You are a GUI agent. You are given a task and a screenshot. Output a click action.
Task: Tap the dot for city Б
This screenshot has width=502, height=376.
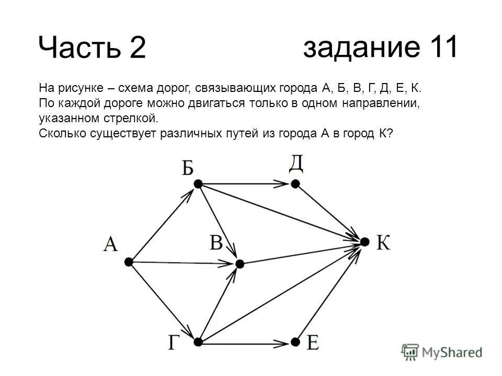pyautogui.click(x=198, y=184)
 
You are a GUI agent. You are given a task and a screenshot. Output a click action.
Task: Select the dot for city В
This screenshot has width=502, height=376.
pyautogui.click(x=239, y=264)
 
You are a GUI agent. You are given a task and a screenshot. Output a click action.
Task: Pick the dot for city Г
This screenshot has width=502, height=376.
pyautogui.click(x=198, y=342)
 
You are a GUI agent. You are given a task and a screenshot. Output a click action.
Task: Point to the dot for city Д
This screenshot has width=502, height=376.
pyautogui.click(x=295, y=184)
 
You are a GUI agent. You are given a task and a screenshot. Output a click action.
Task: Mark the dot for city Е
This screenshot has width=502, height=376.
pyautogui.click(x=295, y=342)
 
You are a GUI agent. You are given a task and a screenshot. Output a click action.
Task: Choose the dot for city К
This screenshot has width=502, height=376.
pyautogui.click(x=365, y=242)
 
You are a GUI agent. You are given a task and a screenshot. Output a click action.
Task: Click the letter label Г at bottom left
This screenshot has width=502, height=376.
pyautogui.click(x=176, y=344)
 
